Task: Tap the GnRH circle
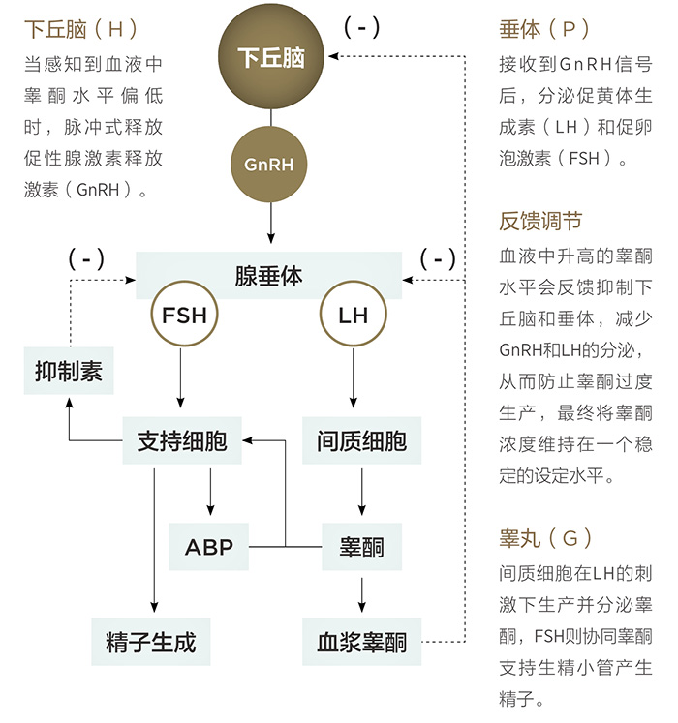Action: (269, 165)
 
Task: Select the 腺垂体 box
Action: (268, 276)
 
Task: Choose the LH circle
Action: (353, 316)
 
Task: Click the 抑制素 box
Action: (69, 372)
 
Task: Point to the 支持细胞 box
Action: (182, 442)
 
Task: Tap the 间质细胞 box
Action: (361, 442)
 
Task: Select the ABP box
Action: (209, 547)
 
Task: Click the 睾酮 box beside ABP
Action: (361, 547)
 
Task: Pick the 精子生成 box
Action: (151, 642)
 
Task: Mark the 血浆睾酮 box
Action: (361, 642)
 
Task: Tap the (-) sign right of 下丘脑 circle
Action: (362, 27)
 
